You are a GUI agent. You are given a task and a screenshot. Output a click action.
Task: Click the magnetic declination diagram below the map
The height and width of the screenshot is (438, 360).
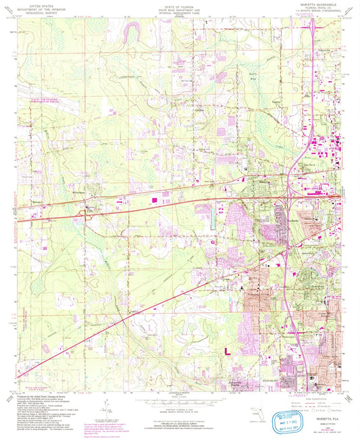point(103,407)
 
